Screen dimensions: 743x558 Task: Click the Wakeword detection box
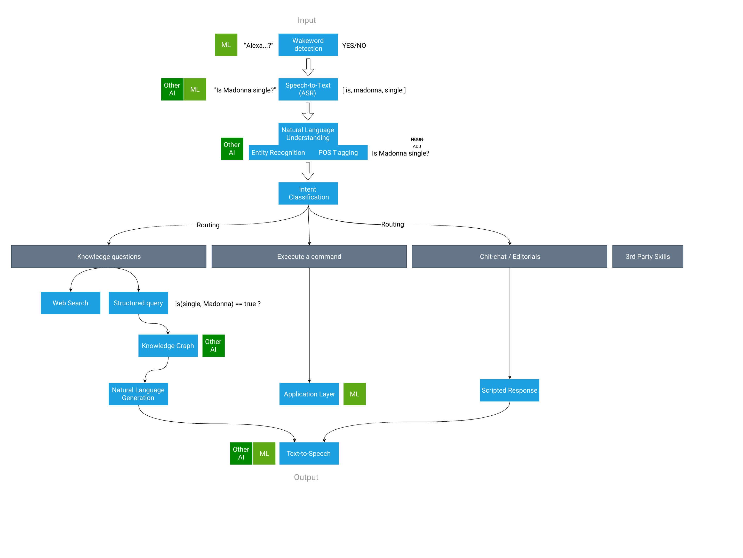pyautogui.click(x=308, y=45)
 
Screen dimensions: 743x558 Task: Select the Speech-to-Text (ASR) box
pyautogui.click(x=308, y=89)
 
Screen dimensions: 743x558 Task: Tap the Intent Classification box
pyautogui.click(x=308, y=193)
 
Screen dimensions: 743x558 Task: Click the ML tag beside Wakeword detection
pyautogui.click(x=226, y=45)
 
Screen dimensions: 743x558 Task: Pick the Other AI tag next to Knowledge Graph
pyautogui.click(x=213, y=346)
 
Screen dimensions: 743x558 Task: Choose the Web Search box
pyautogui.click(x=70, y=303)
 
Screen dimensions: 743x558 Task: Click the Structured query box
pyautogui.click(x=138, y=303)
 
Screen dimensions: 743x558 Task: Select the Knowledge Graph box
pyautogui.click(x=168, y=346)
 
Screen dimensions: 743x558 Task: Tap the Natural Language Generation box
pyautogui.click(x=138, y=394)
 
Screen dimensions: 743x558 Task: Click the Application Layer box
pyautogui.click(x=309, y=394)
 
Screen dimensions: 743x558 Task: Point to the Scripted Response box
pyautogui.click(x=509, y=390)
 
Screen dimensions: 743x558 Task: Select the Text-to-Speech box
pyautogui.click(x=309, y=453)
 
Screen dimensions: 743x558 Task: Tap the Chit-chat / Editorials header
pyautogui.click(x=509, y=257)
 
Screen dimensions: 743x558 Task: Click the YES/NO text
pyautogui.click(x=354, y=45)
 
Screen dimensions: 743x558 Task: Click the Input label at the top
pyautogui.click(x=307, y=20)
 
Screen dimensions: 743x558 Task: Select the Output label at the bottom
pyautogui.click(x=306, y=477)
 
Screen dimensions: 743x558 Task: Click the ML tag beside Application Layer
pyautogui.click(x=354, y=394)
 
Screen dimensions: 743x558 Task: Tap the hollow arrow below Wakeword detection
pyautogui.click(x=308, y=67)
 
